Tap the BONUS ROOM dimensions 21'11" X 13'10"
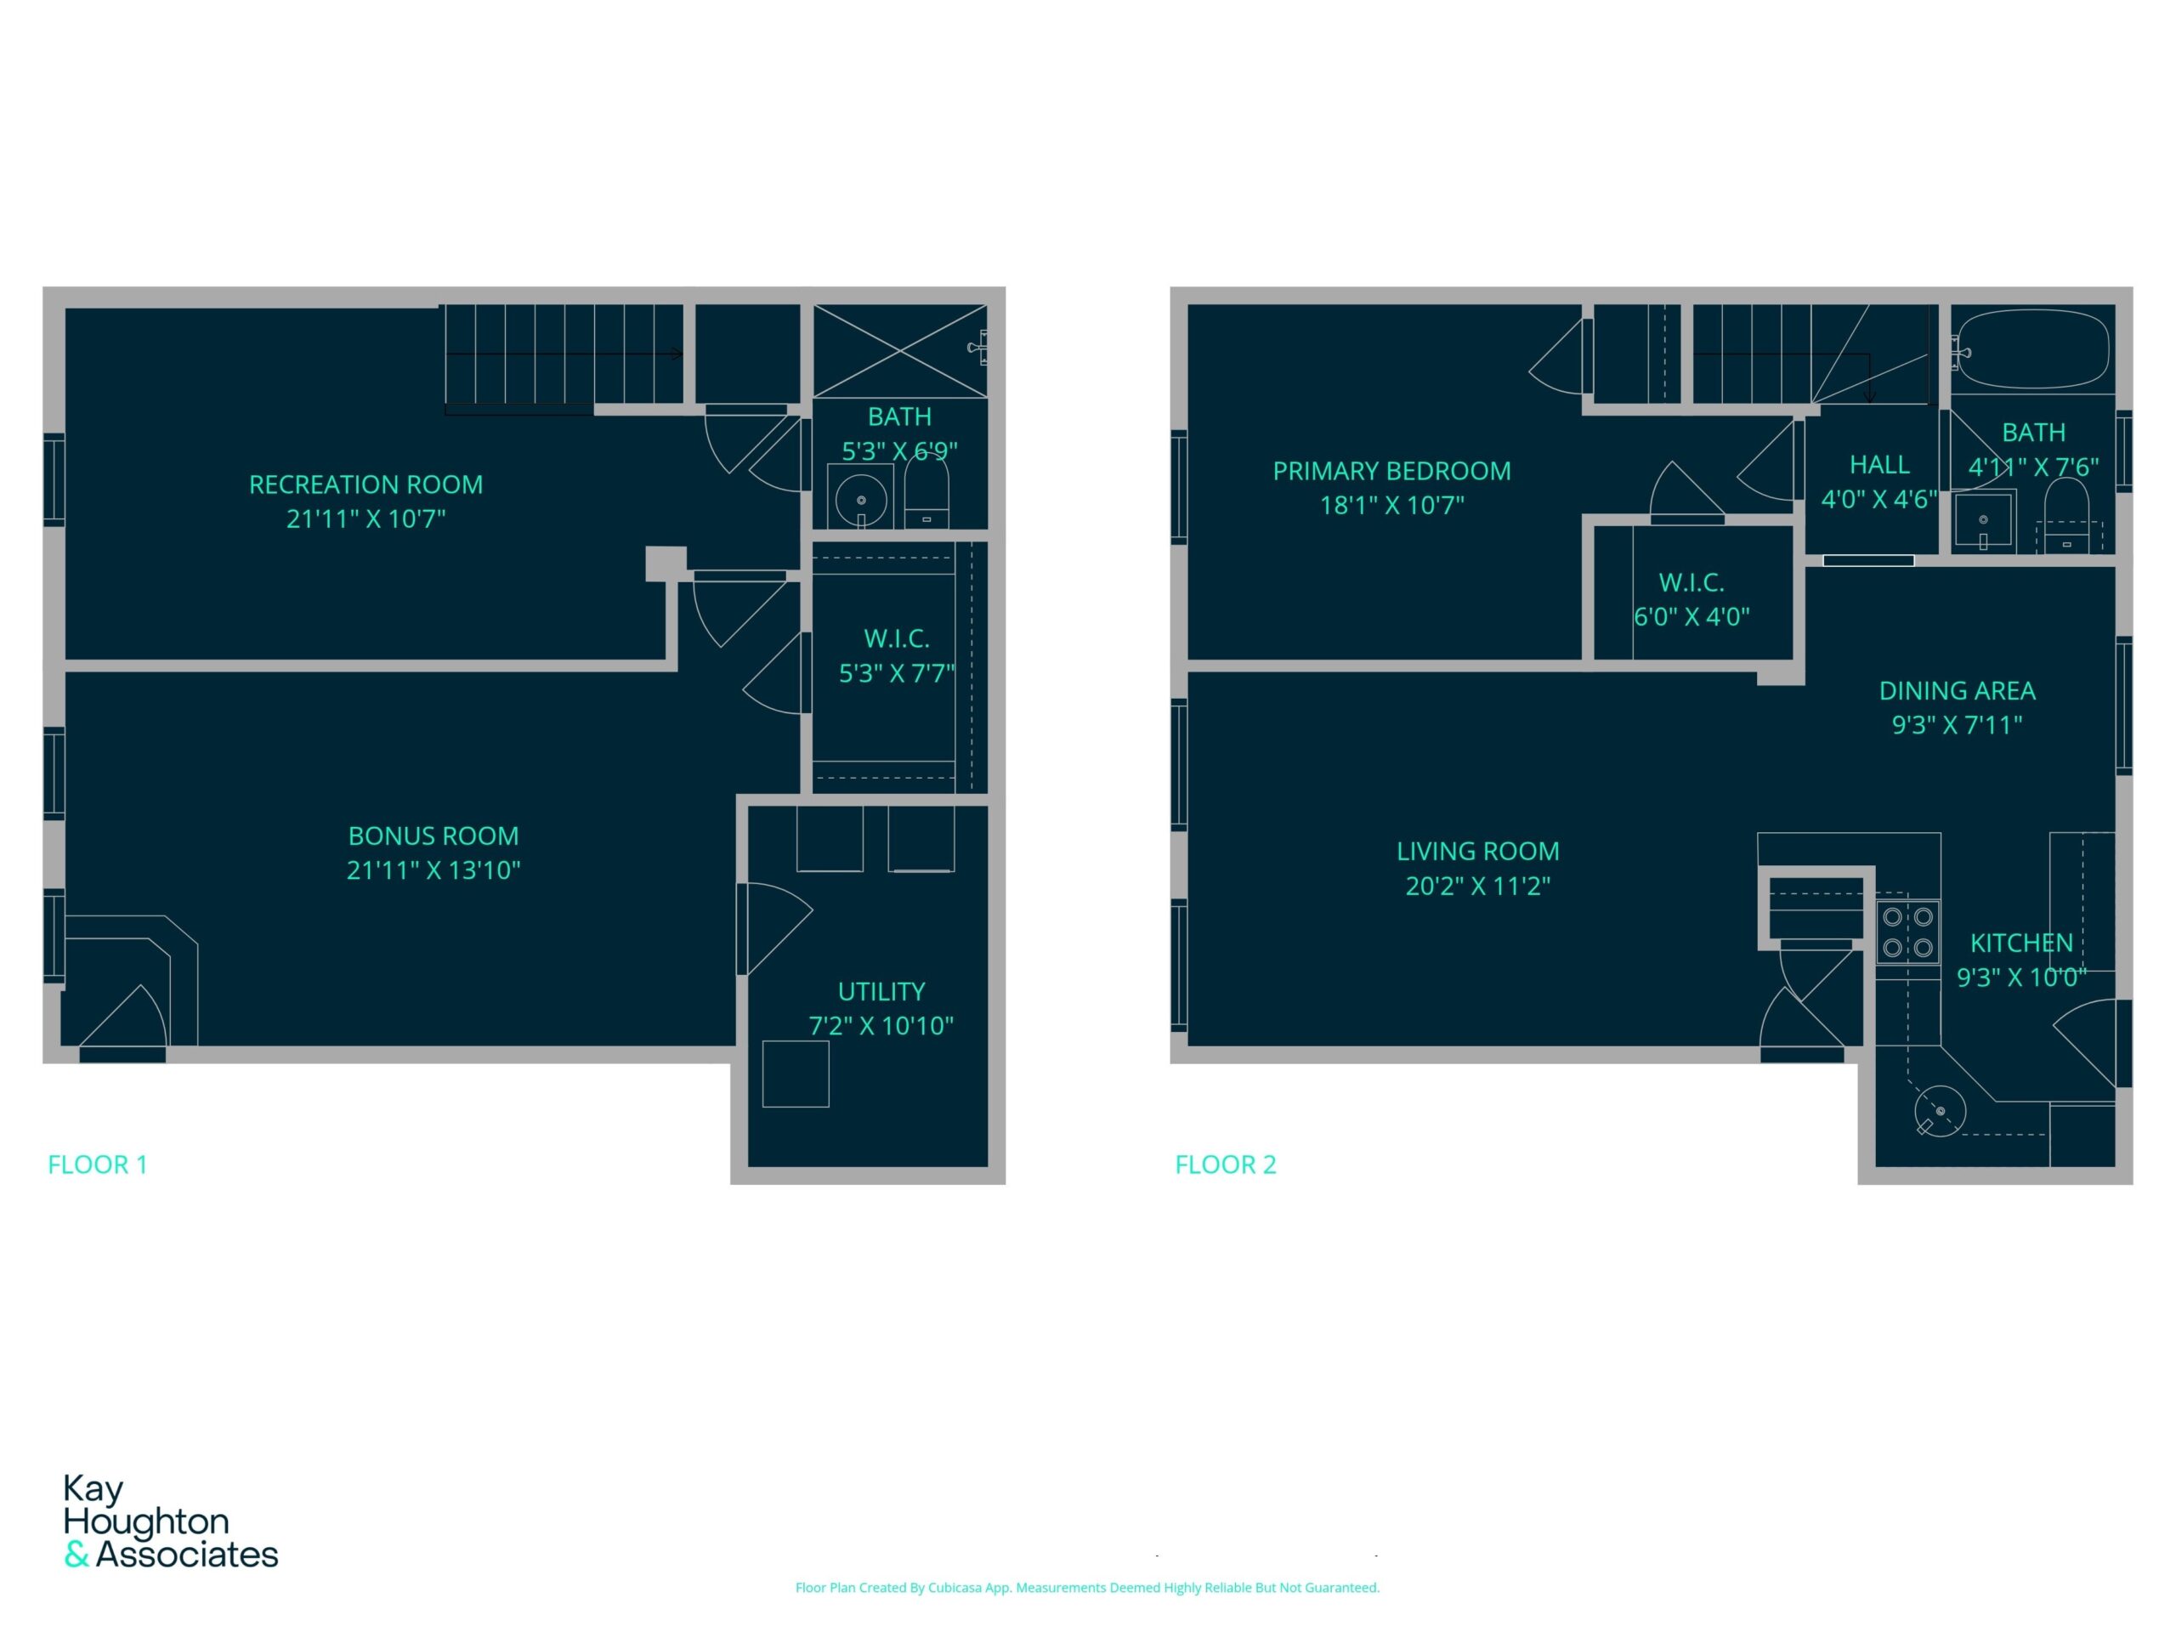[433, 870]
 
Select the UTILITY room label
[881, 992]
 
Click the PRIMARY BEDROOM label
[1392, 471]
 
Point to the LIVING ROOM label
[1477, 851]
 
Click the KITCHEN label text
[2021, 943]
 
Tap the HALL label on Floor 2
[1878, 464]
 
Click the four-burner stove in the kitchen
[1907, 932]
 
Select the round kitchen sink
[1940, 1111]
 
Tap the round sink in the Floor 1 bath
[861, 499]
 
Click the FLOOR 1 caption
[98, 1164]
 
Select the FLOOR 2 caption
[1226, 1164]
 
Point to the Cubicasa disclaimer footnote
[1087, 1588]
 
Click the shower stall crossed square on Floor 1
[900, 350]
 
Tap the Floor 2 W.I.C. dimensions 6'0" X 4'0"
[1692, 617]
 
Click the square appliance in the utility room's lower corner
[796, 1074]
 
